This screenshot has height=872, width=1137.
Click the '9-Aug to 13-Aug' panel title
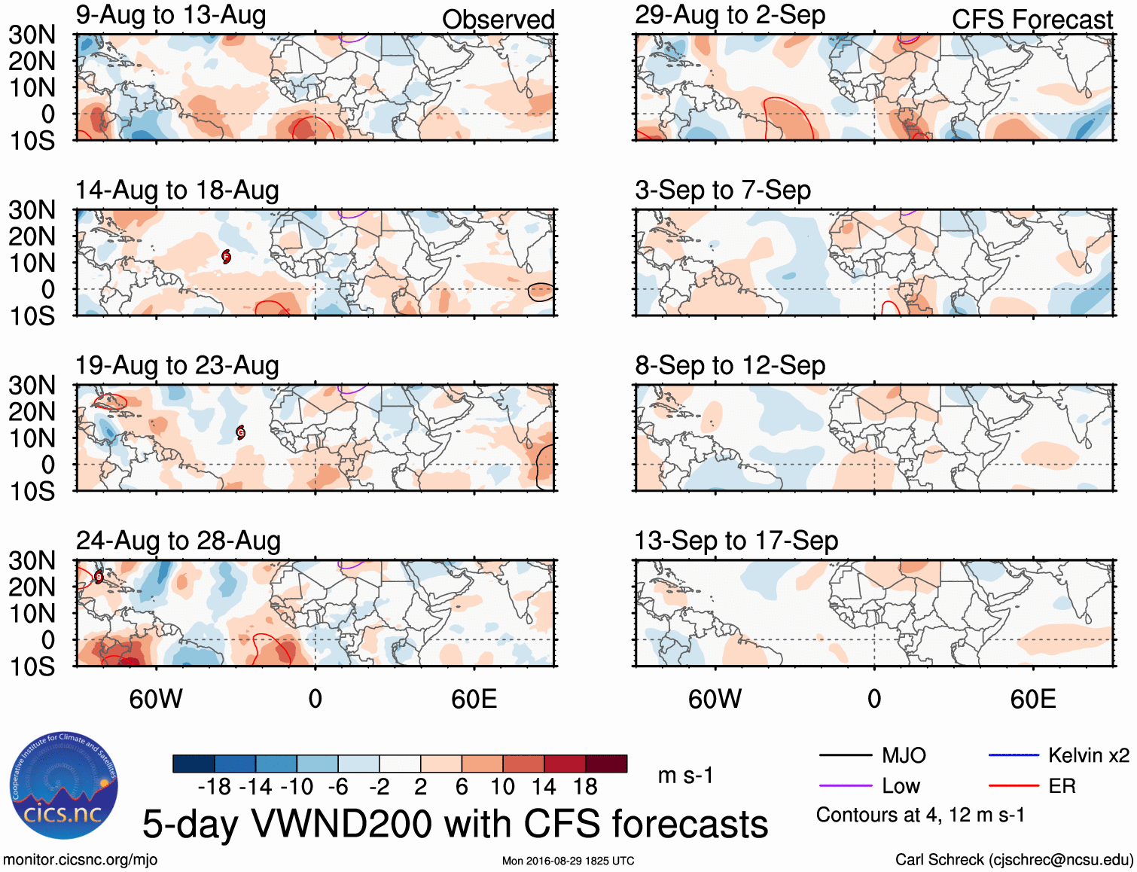point(171,15)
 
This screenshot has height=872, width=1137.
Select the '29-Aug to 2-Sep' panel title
point(730,15)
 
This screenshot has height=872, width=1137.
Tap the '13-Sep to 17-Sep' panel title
point(736,541)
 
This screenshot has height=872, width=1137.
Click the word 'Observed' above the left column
point(498,20)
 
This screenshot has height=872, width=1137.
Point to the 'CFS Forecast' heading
point(1032,20)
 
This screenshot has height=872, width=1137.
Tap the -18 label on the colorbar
point(215,787)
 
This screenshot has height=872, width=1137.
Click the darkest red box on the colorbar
point(606,764)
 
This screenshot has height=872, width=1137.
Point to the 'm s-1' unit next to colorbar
point(685,776)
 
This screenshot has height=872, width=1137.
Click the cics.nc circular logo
point(63,786)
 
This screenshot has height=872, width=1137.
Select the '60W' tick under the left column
point(156,699)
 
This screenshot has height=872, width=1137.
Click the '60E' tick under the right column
point(1032,699)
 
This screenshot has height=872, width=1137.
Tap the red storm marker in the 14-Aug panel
point(226,257)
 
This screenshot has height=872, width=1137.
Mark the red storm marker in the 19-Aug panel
point(241,432)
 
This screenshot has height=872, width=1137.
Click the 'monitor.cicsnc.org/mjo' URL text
point(80,860)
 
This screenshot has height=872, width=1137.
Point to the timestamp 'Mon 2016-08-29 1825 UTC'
point(568,861)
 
